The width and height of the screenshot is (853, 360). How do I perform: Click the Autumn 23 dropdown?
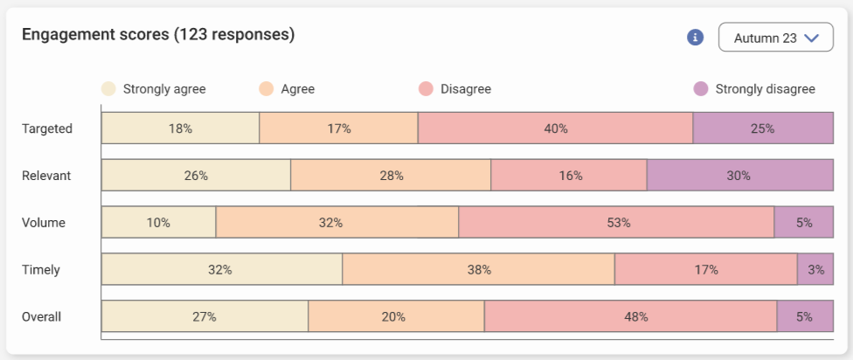[x=776, y=38]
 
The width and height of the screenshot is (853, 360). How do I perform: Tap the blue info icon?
[x=696, y=38]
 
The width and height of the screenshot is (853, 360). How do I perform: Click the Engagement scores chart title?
[x=157, y=35]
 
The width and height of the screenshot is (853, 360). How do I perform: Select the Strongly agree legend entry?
[x=154, y=89]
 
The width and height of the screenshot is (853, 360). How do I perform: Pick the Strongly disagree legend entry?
[x=754, y=89]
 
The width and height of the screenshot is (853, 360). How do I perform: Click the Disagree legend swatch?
[x=426, y=89]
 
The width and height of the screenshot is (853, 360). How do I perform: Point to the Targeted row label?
[x=46, y=128]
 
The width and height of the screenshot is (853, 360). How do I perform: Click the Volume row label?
[x=43, y=223]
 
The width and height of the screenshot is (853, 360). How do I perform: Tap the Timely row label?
[x=41, y=270]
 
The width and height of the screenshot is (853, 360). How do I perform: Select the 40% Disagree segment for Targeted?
[x=555, y=128]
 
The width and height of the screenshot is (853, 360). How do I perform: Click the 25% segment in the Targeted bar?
[x=763, y=128]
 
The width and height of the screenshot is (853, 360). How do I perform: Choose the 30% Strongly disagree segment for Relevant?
[x=739, y=176]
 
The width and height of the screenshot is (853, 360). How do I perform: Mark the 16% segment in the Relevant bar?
[x=569, y=176]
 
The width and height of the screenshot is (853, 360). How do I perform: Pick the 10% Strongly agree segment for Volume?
[x=158, y=223]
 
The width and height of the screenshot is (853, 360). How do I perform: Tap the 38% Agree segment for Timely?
[x=478, y=270]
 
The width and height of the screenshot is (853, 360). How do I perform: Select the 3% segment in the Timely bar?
[x=815, y=270]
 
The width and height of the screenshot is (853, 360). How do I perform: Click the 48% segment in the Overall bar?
[x=630, y=317]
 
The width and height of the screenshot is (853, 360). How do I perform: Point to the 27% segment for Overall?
[x=205, y=317]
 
